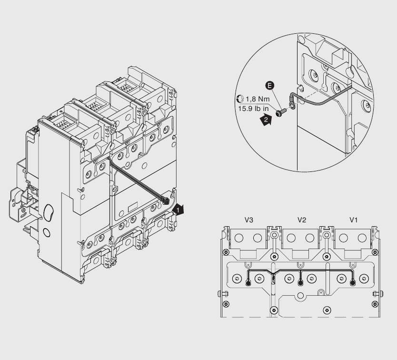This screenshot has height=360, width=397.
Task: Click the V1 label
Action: pos(353,220)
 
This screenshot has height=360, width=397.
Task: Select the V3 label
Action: pos(248,220)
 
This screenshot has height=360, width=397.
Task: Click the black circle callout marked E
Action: pos(270,86)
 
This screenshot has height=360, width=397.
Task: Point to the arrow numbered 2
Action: pos(266,121)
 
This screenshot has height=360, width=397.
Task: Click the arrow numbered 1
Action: pos(177,209)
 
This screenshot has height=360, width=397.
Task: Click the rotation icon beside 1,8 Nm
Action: pos(239,99)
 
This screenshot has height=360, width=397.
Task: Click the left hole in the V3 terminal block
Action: pos(239,238)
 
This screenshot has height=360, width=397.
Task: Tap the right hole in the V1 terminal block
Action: pos(362,238)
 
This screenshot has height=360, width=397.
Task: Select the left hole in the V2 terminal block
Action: pos(291,238)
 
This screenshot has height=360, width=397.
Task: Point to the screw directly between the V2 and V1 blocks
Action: pos(327,235)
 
